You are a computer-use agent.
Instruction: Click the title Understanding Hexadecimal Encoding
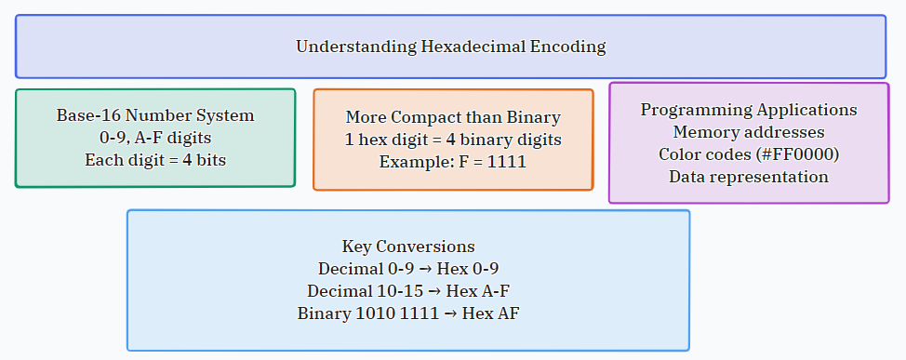click(451, 47)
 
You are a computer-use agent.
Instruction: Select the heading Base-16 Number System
click(155, 115)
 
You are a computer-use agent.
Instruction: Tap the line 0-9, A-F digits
click(155, 138)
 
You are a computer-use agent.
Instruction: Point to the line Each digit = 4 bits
click(155, 159)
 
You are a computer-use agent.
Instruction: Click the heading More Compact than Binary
click(453, 117)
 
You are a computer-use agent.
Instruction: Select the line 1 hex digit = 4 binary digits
click(453, 140)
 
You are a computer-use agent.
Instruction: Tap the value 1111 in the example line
click(507, 162)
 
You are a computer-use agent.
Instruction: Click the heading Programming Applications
click(749, 110)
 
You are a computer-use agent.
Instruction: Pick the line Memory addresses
click(749, 132)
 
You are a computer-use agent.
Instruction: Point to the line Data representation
click(749, 176)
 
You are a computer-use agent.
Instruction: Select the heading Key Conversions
click(408, 247)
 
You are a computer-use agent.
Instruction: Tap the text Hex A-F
click(478, 290)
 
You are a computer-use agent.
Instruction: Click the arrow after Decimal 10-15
click(434, 291)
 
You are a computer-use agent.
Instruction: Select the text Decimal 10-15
click(366, 290)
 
